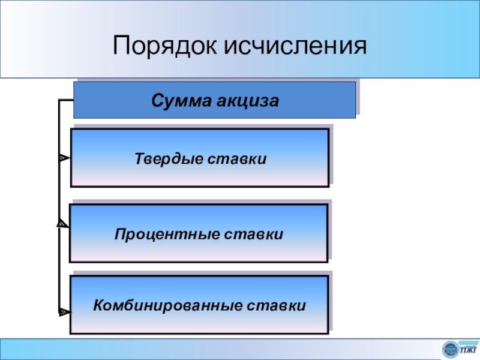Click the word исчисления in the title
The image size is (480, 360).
pyautogui.click(x=295, y=45)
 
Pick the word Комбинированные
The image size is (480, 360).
pyautogui.click(x=167, y=306)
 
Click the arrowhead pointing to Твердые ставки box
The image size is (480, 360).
pyautogui.click(x=63, y=158)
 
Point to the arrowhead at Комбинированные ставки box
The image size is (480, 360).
pyautogui.click(x=63, y=312)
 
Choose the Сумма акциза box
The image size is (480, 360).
pyautogui.click(x=214, y=100)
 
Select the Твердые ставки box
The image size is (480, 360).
pyautogui.click(x=199, y=158)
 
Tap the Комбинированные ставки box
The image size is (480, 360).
pyautogui.click(x=199, y=305)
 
